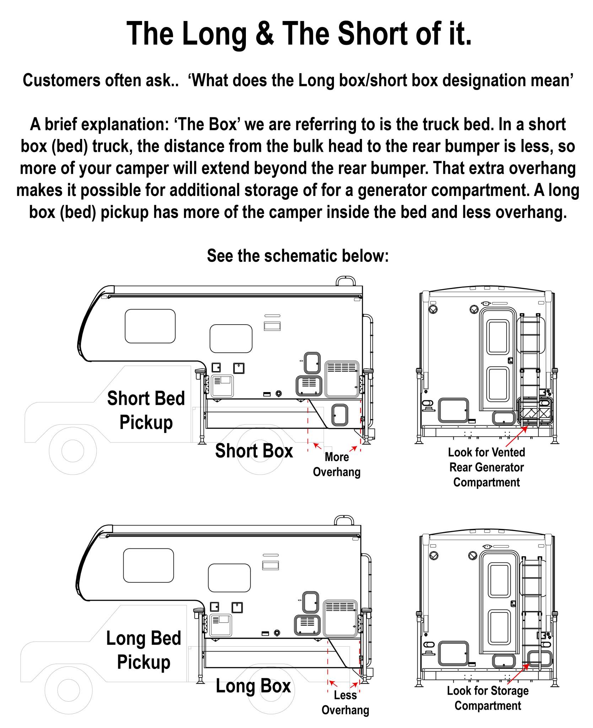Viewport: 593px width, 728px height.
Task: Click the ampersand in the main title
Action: point(264,33)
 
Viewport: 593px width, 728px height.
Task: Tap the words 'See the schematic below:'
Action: point(298,256)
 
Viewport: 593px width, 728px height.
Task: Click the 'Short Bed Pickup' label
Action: point(146,410)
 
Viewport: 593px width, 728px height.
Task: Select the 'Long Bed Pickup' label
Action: point(144,650)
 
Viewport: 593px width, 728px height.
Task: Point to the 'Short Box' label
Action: point(254,450)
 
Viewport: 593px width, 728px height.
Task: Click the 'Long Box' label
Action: point(253,686)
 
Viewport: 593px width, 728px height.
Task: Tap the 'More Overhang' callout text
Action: point(337,465)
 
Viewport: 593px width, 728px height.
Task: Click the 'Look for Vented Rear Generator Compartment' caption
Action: point(486,467)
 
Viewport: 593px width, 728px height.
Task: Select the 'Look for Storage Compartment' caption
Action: point(488,698)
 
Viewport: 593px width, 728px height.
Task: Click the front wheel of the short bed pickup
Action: point(73,451)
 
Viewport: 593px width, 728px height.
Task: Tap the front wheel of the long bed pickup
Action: point(69,690)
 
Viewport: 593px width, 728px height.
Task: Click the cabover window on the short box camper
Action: point(150,326)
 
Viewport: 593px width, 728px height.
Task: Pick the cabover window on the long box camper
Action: point(149,566)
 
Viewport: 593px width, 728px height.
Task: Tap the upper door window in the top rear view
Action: point(498,337)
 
